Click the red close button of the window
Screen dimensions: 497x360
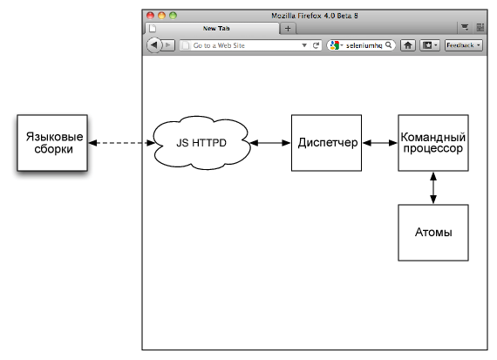coord(150,15)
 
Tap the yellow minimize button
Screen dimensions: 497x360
coord(161,15)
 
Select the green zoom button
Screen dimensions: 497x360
coord(173,15)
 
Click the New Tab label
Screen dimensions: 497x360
coord(216,28)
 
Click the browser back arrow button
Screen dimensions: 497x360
coord(154,45)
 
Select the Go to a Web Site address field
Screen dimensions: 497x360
coord(240,45)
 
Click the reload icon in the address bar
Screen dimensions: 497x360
coord(316,45)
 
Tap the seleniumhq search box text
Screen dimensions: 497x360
coord(364,45)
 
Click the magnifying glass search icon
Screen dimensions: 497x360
coord(389,45)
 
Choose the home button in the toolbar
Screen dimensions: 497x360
coord(408,45)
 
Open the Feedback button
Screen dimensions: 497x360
coord(464,45)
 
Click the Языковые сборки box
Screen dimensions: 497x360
coord(52,143)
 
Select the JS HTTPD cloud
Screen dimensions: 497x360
coord(201,143)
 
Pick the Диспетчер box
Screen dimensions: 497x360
coord(326,143)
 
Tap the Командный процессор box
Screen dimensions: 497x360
coord(433,143)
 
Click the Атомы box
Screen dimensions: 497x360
coord(433,233)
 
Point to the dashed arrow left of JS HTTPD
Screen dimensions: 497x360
coord(121,143)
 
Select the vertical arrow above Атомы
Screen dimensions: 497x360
coord(433,188)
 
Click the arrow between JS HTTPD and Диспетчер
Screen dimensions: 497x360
coord(270,143)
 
